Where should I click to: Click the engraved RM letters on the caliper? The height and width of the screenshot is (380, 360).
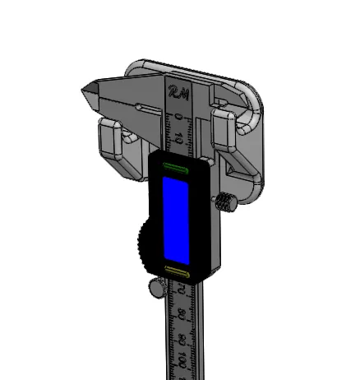pos(178,92)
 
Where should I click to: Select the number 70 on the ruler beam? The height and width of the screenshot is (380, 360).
pos(180,289)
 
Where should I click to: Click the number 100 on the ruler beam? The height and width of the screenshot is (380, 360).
pos(181,359)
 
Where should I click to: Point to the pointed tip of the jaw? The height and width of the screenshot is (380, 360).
pos(85,87)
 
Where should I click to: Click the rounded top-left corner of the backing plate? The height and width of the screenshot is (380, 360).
pos(135,63)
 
